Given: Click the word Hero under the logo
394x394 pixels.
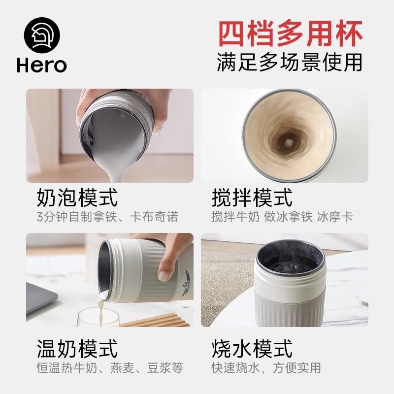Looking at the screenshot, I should point(41,65).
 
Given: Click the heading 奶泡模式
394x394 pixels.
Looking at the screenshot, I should point(77,198).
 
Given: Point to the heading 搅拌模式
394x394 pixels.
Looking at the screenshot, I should point(252,198).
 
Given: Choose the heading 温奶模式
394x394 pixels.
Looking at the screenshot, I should point(77,349).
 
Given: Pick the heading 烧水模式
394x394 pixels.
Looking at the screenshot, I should point(252,349).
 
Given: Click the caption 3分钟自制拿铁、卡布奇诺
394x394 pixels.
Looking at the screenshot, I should point(107,217).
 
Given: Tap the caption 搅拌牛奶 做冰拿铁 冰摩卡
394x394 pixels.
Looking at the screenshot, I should point(282,217).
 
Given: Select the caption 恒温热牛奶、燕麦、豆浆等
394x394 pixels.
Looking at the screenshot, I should point(110,367).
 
